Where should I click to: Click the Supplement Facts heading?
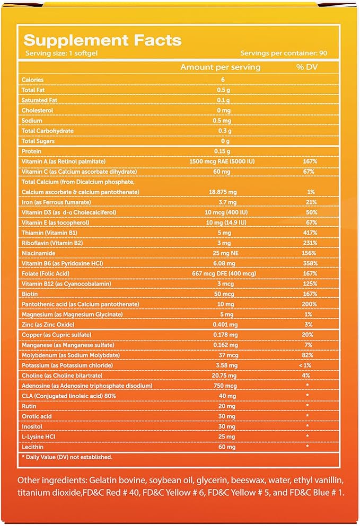102,40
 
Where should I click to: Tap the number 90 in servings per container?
323,53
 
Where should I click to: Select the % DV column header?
306,67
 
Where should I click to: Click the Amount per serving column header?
221,67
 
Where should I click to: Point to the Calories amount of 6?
223,79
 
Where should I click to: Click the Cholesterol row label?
37,110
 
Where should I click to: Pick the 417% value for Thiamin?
310,233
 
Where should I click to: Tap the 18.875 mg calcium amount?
223,192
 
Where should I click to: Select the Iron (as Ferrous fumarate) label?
56,202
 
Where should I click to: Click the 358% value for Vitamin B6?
310,263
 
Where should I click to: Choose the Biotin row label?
30,294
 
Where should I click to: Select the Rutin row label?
29,406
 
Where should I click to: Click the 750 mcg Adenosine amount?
225,386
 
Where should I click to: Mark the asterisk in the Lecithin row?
307,446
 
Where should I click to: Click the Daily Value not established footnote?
67,457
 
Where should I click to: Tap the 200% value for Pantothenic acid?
309,304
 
